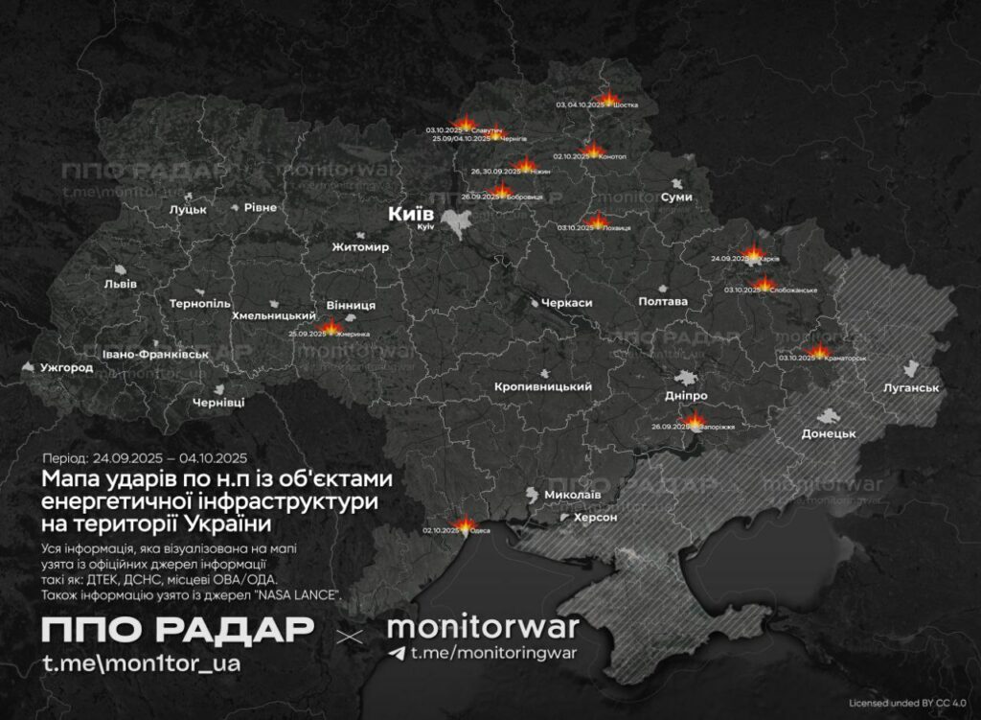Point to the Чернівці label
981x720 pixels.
[x=218, y=403]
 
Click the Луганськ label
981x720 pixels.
[x=910, y=387]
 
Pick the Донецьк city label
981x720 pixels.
[x=828, y=433]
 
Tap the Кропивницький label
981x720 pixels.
[x=542, y=386]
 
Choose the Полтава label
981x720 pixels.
[x=663, y=301]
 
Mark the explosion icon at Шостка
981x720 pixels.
[x=608, y=98]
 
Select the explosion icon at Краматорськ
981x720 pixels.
[x=820, y=352]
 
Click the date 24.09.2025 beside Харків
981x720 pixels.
[x=729, y=259]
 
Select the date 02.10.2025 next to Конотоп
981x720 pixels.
[x=572, y=156]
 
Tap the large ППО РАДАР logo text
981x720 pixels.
[x=177, y=630]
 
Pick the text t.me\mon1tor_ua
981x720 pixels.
[x=140, y=663]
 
